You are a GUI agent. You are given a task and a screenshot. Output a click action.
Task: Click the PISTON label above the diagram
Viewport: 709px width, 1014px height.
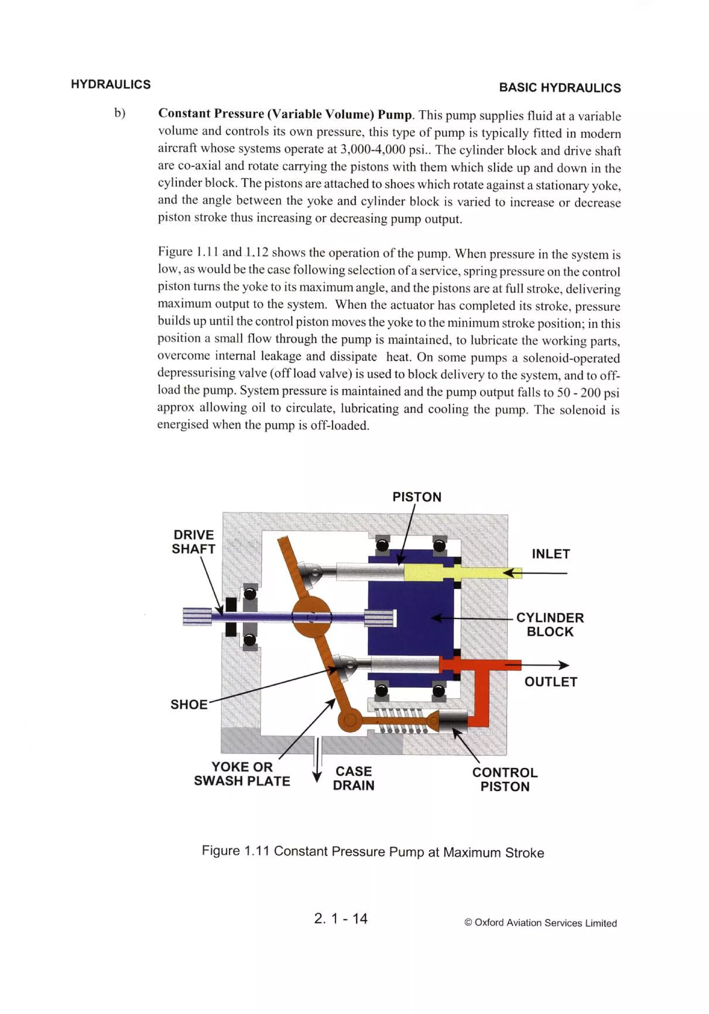(416, 497)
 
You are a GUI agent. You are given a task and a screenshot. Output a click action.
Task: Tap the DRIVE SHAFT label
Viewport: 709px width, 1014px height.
(194, 542)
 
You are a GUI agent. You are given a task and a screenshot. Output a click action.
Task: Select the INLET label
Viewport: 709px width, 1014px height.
(550, 554)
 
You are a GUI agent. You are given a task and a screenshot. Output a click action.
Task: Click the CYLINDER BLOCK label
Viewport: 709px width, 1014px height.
(550, 625)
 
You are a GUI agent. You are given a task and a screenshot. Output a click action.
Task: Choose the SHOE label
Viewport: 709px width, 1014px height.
(189, 704)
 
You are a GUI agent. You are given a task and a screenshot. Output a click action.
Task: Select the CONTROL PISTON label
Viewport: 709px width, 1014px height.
(505, 779)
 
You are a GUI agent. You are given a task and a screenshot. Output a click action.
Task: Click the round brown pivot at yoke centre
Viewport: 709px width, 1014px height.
(312, 617)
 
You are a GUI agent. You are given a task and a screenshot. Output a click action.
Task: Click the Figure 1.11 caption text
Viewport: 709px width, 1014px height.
(372, 852)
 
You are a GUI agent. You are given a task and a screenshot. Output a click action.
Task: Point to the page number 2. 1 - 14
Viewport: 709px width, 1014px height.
(340, 919)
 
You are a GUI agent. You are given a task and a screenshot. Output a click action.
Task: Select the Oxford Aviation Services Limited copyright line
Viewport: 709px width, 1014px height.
(540, 923)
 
